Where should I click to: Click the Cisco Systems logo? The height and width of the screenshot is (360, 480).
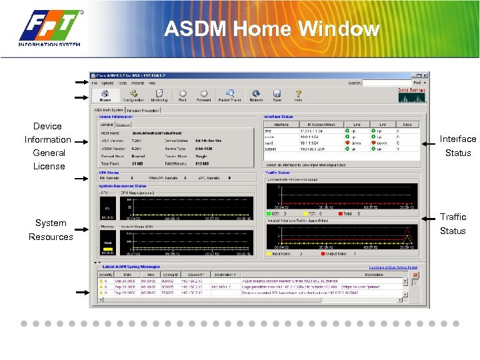point(411,96)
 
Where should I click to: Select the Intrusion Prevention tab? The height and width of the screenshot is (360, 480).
point(143,110)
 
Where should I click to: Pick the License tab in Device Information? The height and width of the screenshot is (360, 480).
point(123,125)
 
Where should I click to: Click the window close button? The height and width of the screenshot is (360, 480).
point(426,76)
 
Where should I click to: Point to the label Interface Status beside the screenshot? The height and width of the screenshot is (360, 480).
point(457,145)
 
